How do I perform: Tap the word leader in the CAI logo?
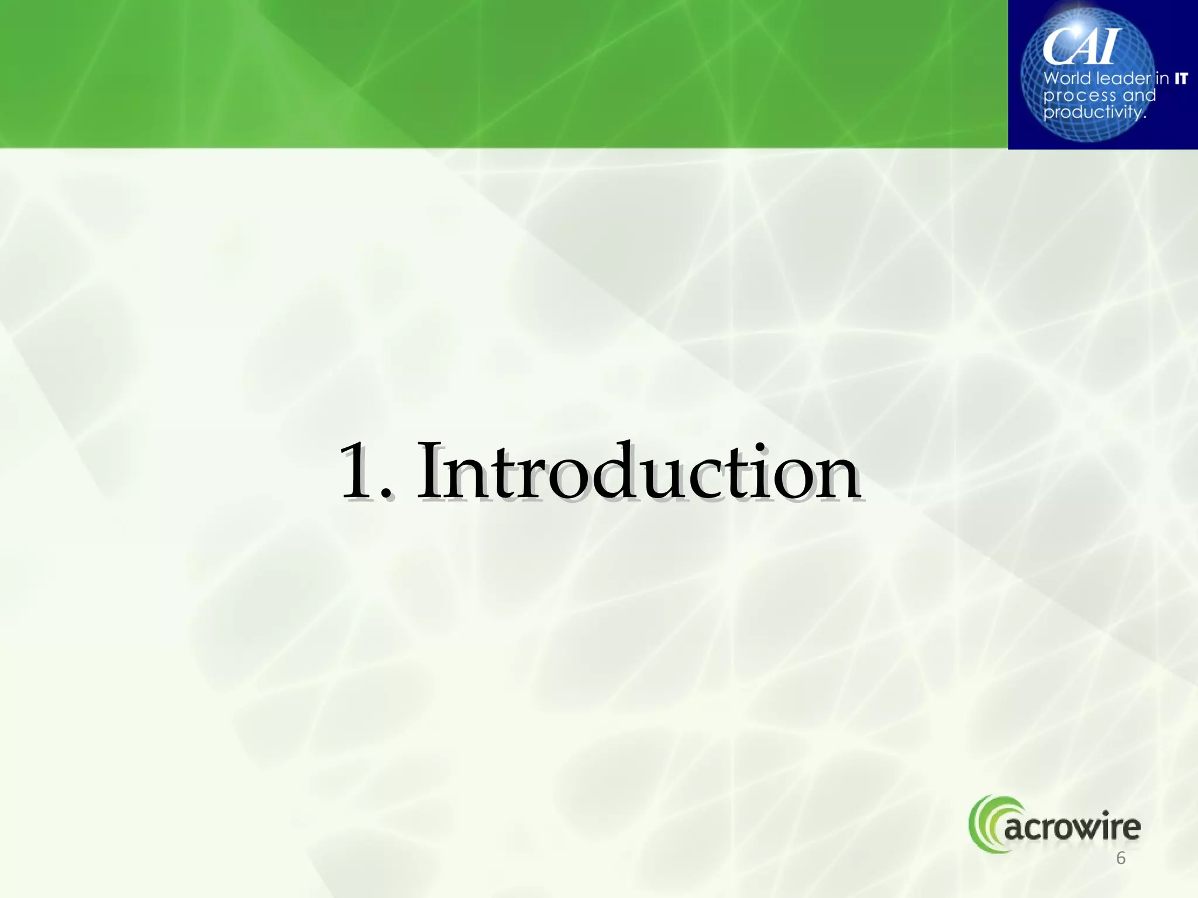tap(1123, 78)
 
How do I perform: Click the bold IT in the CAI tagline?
tap(1180, 78)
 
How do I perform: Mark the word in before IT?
tap(1163, 78)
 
